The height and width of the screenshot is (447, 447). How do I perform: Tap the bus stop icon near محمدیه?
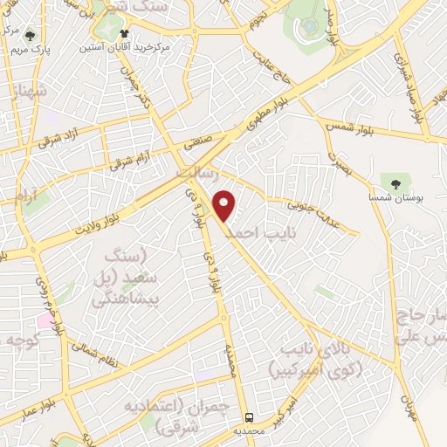tap(250, 417)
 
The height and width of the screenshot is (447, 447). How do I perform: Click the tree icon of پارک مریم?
tap(31, 36)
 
